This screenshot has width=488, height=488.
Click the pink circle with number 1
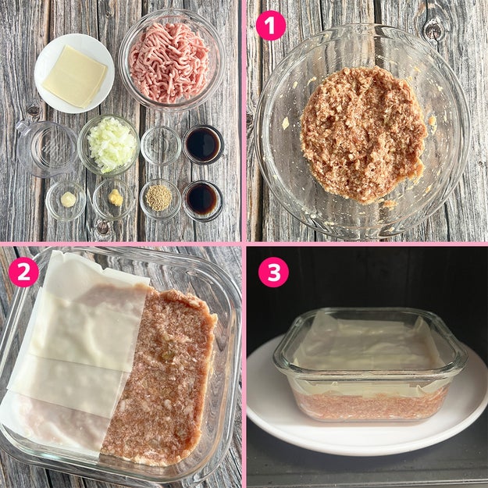click(271, 26)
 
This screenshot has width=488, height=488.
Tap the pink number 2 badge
click(23, 272)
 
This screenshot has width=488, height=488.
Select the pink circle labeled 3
click(273, 272)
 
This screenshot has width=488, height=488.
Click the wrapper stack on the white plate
click(75, 76)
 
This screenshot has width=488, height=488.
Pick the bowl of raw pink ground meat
click(172, 60)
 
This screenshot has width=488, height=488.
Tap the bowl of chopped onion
click(109, 145)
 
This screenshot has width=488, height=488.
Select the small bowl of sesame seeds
click(160, 198)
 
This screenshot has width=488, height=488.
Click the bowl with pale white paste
click(66, 201)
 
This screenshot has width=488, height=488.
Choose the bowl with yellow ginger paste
click(114, 199)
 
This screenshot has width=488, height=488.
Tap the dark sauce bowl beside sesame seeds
click(203, 201)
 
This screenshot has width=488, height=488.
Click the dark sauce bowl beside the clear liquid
click(203, 144)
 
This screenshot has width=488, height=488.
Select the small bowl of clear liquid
click(161, 145)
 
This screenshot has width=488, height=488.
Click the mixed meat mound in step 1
click(363, 135)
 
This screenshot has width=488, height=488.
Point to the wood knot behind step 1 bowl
click(433, 30)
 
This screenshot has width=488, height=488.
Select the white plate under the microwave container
click(367, 404)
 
